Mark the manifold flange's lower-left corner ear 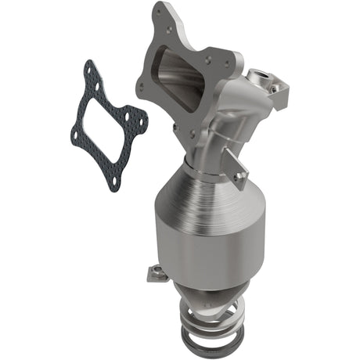[142, 87]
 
